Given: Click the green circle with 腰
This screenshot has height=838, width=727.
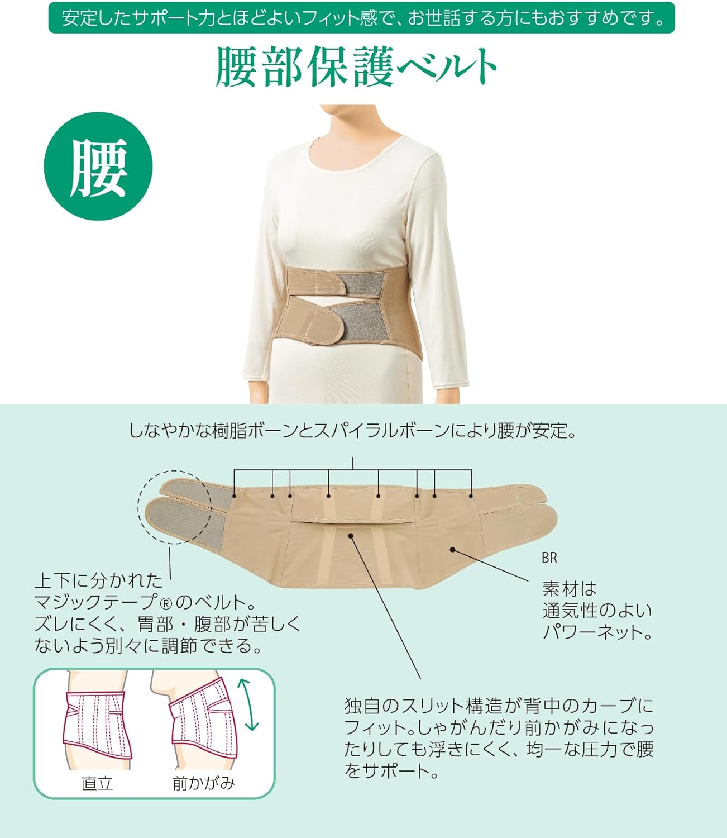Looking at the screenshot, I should click(98, 166).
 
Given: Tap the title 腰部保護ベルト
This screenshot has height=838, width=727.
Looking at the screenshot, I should click(356, 67).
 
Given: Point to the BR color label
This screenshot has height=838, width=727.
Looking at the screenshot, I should click(549, 558).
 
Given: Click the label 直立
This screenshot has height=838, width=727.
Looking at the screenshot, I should click(97, 783).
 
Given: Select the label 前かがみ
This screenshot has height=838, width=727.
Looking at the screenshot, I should click(203, 783).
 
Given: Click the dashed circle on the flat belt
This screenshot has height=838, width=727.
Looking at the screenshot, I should click(174, 506).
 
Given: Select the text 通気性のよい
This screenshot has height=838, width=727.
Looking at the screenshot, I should click(597, 610).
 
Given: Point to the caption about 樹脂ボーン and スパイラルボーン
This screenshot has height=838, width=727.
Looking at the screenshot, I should click(353, 431).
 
